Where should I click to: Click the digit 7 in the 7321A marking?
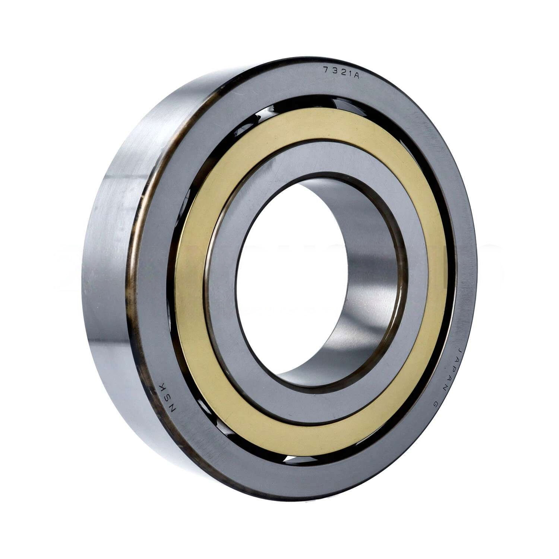pos(326,70)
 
